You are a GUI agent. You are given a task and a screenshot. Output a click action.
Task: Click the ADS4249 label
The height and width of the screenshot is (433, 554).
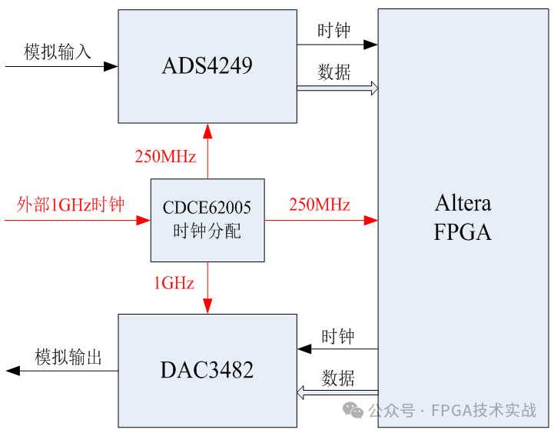tap(207, 66)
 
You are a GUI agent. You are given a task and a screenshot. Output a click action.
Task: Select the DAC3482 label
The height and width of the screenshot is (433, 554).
tap(207, 371)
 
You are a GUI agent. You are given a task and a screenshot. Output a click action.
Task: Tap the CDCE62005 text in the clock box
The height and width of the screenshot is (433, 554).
tap(207, 208)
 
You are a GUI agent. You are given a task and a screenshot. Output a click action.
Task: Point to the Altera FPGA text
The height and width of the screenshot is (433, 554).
tap(463, 218)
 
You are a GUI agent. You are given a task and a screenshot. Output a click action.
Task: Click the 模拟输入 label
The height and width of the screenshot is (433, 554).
tap(58, 52)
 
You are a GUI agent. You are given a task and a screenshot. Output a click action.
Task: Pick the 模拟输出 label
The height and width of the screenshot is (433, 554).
tap(68, 358)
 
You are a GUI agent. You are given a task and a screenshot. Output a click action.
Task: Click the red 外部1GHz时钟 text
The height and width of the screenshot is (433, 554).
tap(71, 205)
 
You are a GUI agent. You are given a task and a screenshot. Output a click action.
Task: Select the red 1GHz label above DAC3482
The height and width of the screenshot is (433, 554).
tap(174, 283)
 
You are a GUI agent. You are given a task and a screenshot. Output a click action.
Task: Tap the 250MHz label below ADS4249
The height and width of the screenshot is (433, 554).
tap(165, 157)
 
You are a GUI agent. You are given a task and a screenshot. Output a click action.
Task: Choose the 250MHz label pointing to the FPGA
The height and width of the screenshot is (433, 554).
tap(320, 205)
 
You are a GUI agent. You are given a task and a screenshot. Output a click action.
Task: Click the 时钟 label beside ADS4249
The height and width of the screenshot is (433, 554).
tap(334, 31)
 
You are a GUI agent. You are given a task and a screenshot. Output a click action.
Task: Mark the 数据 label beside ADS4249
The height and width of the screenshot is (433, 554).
tap(334, 72)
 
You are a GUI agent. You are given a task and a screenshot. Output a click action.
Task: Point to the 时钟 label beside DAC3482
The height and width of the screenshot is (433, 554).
tap(338, 337)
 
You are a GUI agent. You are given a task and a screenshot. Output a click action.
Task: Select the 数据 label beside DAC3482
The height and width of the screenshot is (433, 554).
tap(338, 378)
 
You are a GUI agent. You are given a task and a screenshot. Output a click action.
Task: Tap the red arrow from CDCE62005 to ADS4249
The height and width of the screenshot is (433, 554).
tap(207, 151)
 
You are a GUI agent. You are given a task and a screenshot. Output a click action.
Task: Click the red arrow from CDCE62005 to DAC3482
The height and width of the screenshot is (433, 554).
tap(207, 288)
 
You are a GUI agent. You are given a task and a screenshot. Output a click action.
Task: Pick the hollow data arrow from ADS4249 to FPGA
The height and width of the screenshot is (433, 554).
tap(337, 88)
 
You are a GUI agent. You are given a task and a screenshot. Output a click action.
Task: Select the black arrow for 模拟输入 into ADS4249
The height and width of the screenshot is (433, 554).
tap(61, 67)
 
